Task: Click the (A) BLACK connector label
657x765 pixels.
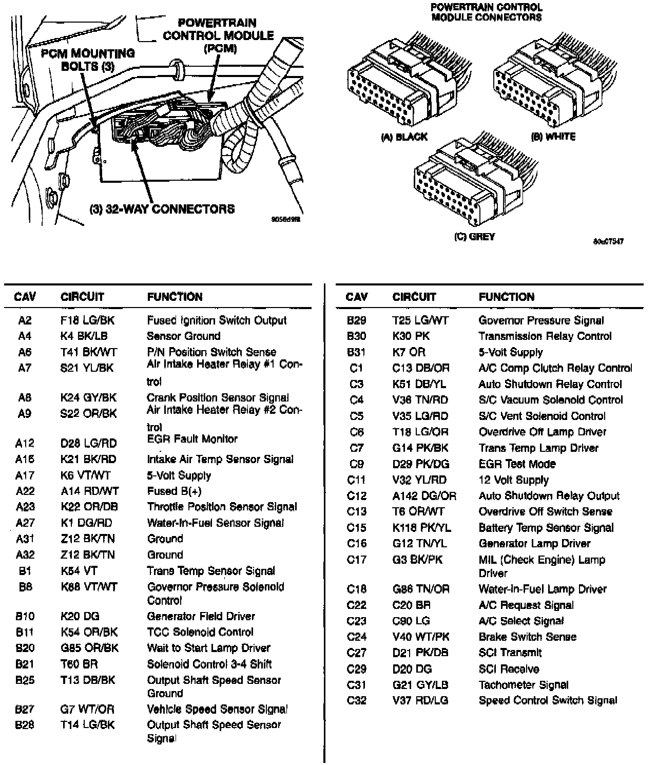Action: [x=404, y=137]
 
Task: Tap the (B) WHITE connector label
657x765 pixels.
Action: [x=553, y=137]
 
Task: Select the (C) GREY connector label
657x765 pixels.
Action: [x=474, y=237]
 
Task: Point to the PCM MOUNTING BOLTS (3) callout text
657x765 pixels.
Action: [x=88, y=60]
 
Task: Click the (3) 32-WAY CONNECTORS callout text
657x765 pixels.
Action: [x=162, y=209]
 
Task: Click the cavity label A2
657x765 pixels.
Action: [x=25, y=320]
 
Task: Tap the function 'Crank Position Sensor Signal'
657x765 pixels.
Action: [x=218, y=397]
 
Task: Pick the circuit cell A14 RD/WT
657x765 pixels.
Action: [x=89, y=491]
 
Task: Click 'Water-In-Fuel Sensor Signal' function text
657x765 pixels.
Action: [x=215, y=523]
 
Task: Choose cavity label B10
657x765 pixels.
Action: [x=25, y=616]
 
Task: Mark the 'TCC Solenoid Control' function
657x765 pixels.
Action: [x=200, y=632]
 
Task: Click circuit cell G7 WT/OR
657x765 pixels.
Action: [x=87, y=709]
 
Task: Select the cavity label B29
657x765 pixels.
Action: [x=357, y=320]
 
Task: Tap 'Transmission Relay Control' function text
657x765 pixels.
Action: [x=545, y=336]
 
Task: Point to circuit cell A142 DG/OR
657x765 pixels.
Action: [x=424, y=496]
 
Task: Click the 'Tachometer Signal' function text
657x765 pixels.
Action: [x=524, y=684]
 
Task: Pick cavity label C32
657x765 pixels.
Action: [x=357, y=700]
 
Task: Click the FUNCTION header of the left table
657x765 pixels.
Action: [x=175, y=297]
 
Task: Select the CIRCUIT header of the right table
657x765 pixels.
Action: [x=414, y=297]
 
